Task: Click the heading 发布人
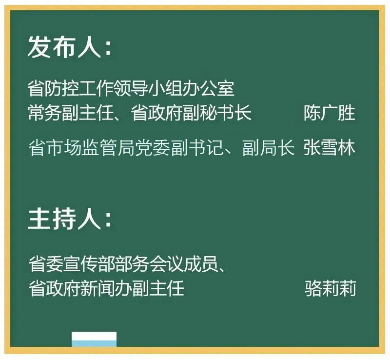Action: tap(65, 47)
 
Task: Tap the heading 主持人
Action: tap(65, 219)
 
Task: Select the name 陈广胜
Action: tap(330, 113)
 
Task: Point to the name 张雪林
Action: tap(330, 147)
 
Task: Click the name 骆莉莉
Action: tap(331, 288)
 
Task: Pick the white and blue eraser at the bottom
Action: tap(94, 339)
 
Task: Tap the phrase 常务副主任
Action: tap(71, 113)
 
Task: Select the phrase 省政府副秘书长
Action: tap(191, 113)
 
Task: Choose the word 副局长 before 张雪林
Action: tap(269, 147)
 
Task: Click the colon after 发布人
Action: tap(108, 48)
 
